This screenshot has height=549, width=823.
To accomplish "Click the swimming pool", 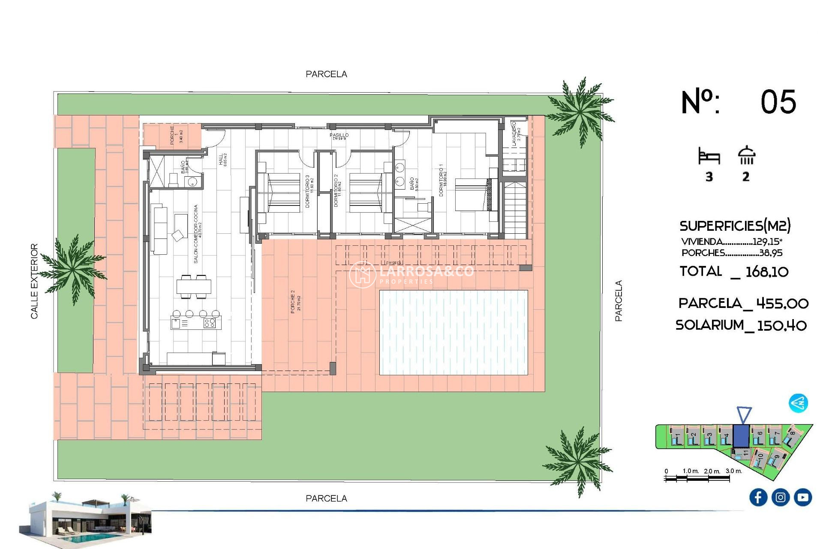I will point(454,332).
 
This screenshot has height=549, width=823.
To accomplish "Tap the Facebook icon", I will point(758,497).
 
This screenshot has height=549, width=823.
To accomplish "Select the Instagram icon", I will point(780,497).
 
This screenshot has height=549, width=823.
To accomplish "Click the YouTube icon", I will point(802,497).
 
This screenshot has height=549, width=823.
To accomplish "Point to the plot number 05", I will point(778,102).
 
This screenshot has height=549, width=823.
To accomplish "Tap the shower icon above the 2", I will point(746,155).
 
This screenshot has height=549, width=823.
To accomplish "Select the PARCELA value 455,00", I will point(782,304).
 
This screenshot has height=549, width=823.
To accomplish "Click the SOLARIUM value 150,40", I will point(781,326).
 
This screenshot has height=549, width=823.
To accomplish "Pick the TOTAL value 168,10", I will point(766,271).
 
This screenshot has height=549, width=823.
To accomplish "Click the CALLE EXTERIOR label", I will point(34,281).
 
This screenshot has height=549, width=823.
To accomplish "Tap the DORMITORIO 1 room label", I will point(442,180).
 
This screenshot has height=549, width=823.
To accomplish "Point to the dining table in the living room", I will point(194,286).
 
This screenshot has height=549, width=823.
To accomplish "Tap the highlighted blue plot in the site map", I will point(741,435).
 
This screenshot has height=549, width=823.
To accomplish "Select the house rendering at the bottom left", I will point(86,520).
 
